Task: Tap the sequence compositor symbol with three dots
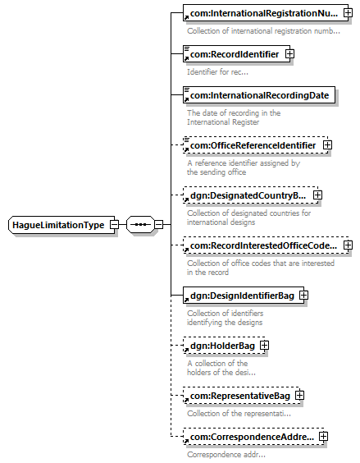(140, 224)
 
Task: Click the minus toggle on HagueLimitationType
(114, 224)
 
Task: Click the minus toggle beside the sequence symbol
(159, 224)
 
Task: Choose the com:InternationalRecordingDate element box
(259, 94)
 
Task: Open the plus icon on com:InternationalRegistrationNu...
(348, 12)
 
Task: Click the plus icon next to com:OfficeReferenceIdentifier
(327, 145)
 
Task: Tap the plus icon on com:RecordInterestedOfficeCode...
(348, 245)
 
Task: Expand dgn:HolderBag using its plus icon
(264, 345)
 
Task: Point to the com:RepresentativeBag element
(241, 395)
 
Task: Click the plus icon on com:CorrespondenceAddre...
(323, 437)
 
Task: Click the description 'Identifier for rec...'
(217, 71)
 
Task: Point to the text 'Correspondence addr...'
(226, 455)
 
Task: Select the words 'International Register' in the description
(223, 122)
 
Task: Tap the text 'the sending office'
(216, 172)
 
